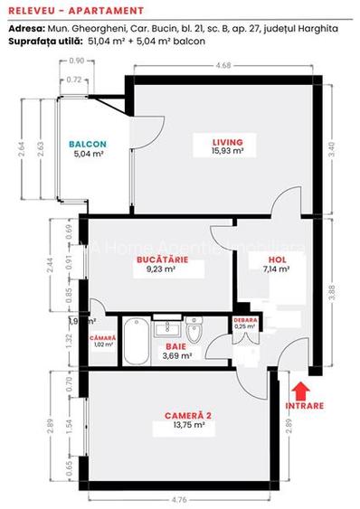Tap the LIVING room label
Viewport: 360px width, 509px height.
pos(228,142)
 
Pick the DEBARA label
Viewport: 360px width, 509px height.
pos(245,320)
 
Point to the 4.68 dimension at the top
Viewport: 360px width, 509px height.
pos(222,65)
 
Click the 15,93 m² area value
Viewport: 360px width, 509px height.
pos(228,152)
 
